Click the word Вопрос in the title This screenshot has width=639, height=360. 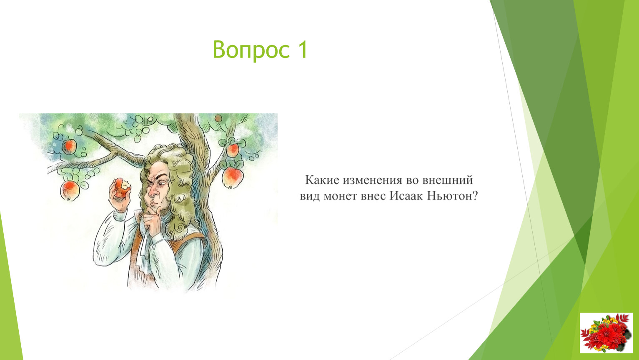[x=251, y=50]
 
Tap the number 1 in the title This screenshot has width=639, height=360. [x=302, y=49]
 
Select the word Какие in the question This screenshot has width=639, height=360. [x=322, y=180]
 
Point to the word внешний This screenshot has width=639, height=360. [x=448, y=180]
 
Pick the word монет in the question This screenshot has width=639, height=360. [x=340, y=196]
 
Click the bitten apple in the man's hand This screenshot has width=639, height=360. [x=122, y=187]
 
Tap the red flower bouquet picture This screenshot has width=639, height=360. [x=606, y=333]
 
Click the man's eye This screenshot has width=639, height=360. [x=160, y=185]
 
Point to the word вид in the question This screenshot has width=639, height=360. [x=310, y=196]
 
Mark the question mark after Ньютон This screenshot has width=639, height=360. [x=475, y=196]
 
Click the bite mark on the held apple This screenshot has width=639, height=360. [x=125, y=185]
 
